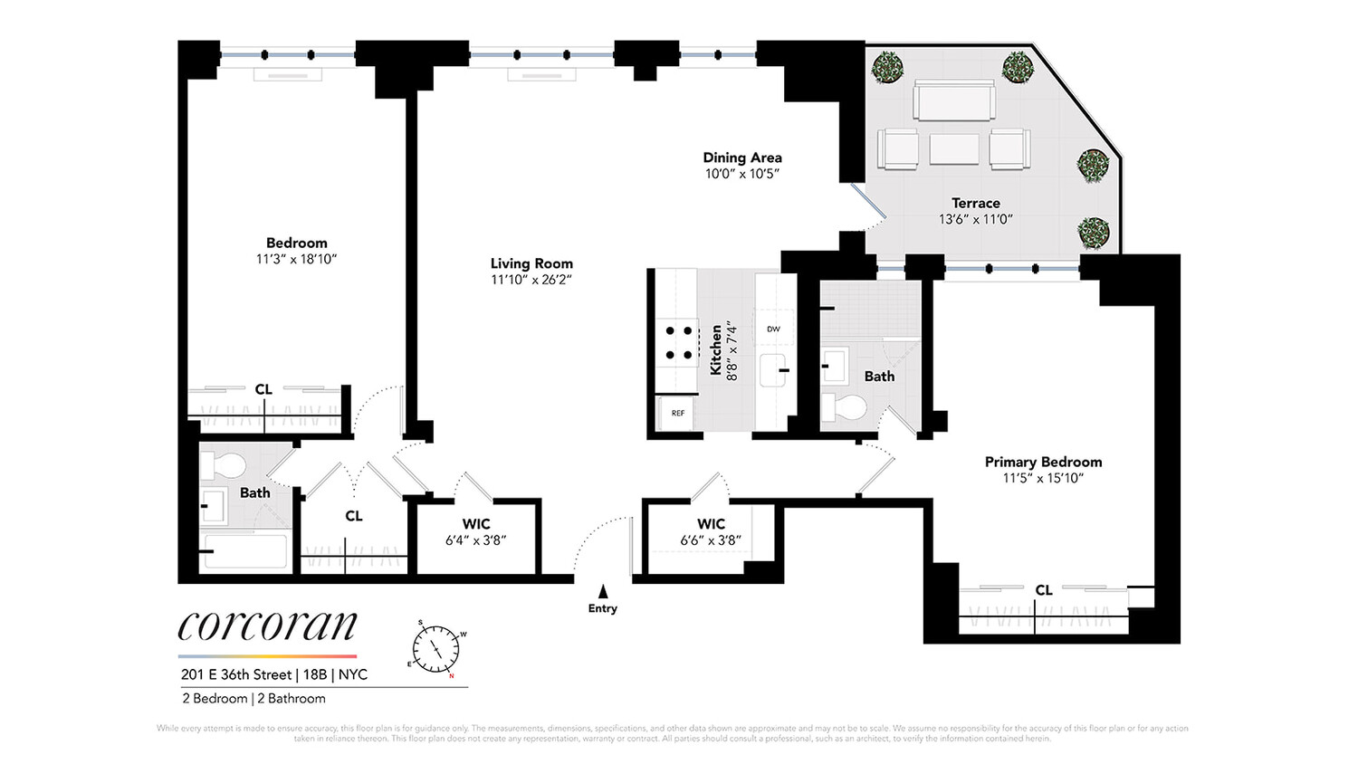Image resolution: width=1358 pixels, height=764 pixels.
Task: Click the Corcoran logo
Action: point(268,626)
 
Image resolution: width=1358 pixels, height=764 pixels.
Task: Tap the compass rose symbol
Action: point(437,648)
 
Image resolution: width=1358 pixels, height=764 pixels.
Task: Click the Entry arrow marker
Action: point(603,592)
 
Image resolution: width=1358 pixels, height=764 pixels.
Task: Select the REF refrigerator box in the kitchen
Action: point(677,413)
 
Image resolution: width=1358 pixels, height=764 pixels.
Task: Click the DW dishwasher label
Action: point(773,329)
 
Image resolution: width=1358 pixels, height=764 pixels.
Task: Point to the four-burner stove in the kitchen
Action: point(678,343)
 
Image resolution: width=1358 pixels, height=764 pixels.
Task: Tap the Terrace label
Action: point(975,203)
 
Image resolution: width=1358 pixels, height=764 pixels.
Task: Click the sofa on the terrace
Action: point(954,100)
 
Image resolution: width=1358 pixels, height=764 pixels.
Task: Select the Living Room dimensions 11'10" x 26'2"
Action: point(531,280)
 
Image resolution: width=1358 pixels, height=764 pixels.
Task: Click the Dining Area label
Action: point(741,158)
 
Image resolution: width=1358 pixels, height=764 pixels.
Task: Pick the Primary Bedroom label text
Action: point(1043,462)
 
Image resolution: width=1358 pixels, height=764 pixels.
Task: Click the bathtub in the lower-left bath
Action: point(244,550)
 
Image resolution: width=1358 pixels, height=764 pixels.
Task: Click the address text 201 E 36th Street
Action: point(236,674)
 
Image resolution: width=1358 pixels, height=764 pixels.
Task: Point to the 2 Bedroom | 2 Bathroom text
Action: point(253,698)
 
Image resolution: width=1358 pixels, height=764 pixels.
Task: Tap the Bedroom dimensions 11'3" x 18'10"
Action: point(296,259)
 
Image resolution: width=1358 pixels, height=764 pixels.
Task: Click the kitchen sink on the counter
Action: point(772,370)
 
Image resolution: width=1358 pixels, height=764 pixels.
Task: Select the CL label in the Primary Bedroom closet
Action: point(1044,590)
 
